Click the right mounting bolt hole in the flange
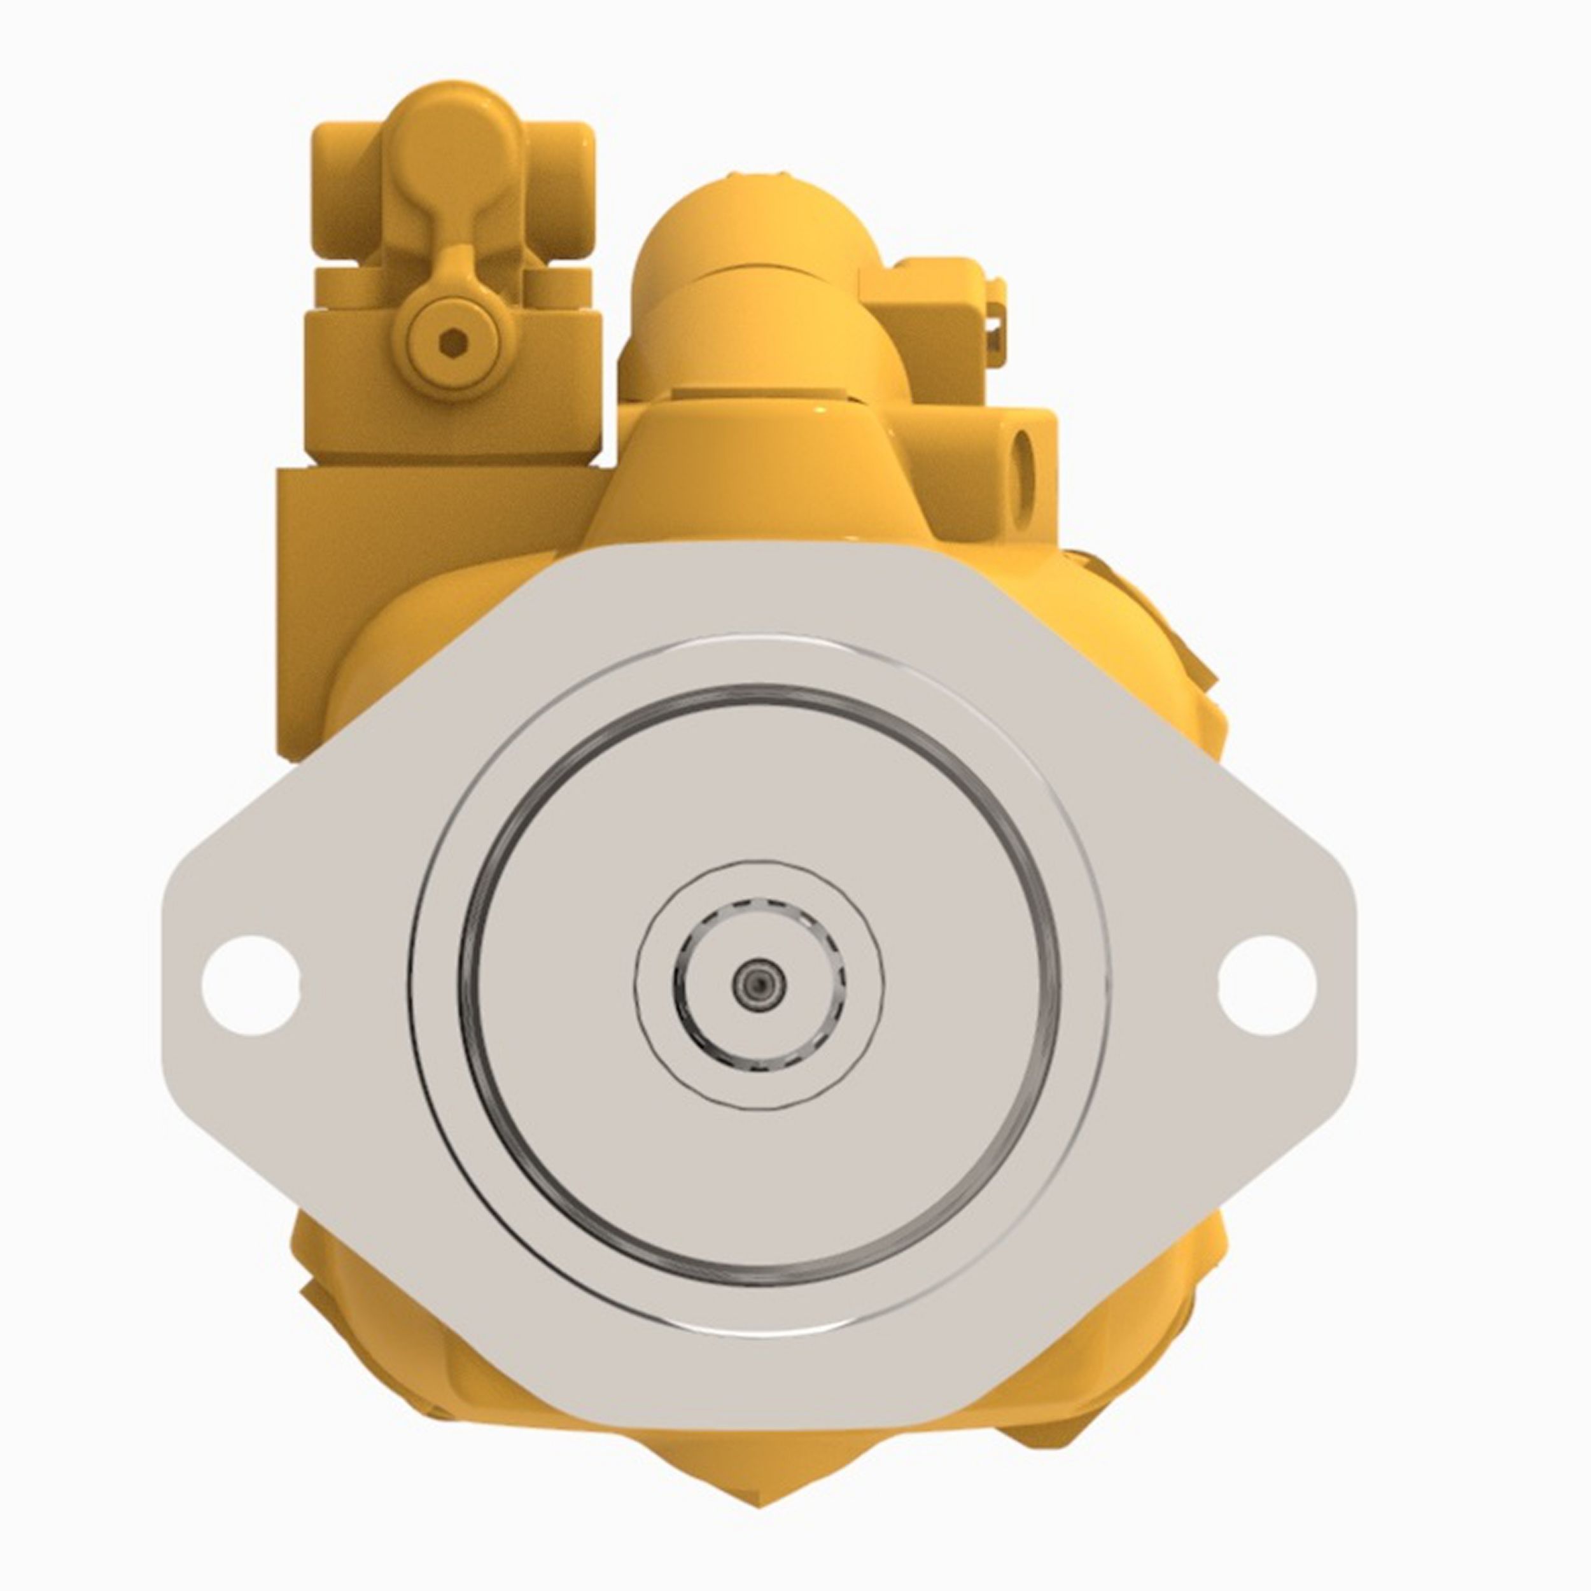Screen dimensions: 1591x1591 [x=1266, y=985]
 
